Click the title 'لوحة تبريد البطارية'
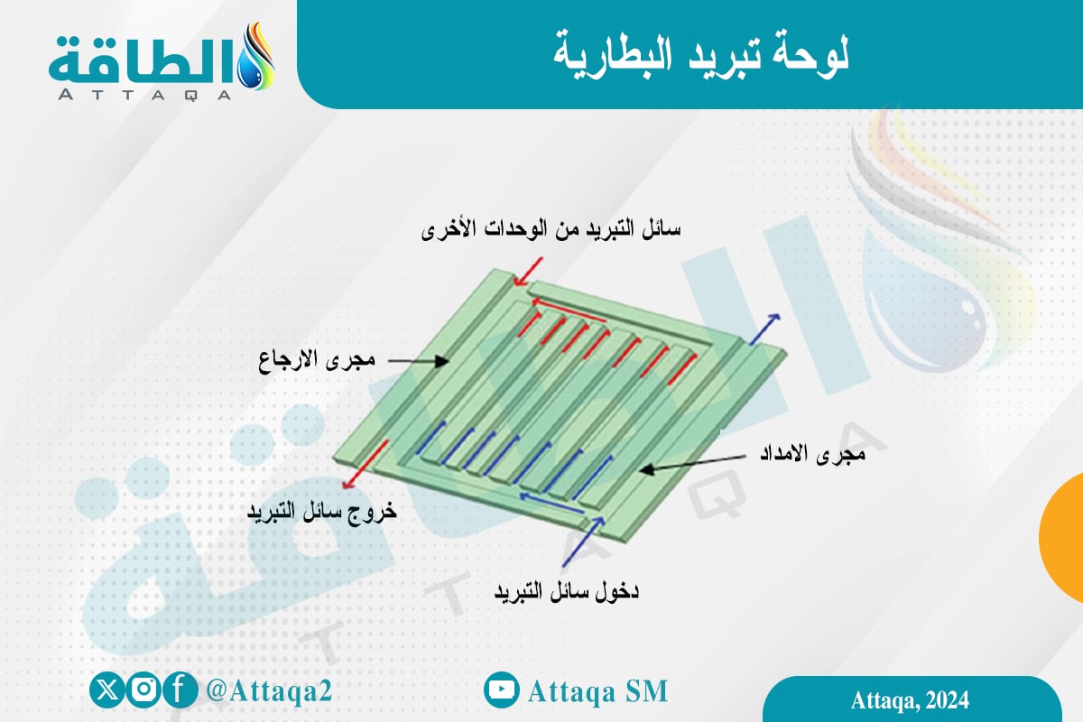point(699,54)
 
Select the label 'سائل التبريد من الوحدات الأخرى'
point(551,229)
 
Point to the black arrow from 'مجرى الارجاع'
point(420,361)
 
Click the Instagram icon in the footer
point(143,690)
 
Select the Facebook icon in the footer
point(180,690)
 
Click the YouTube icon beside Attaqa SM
point(502,690)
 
